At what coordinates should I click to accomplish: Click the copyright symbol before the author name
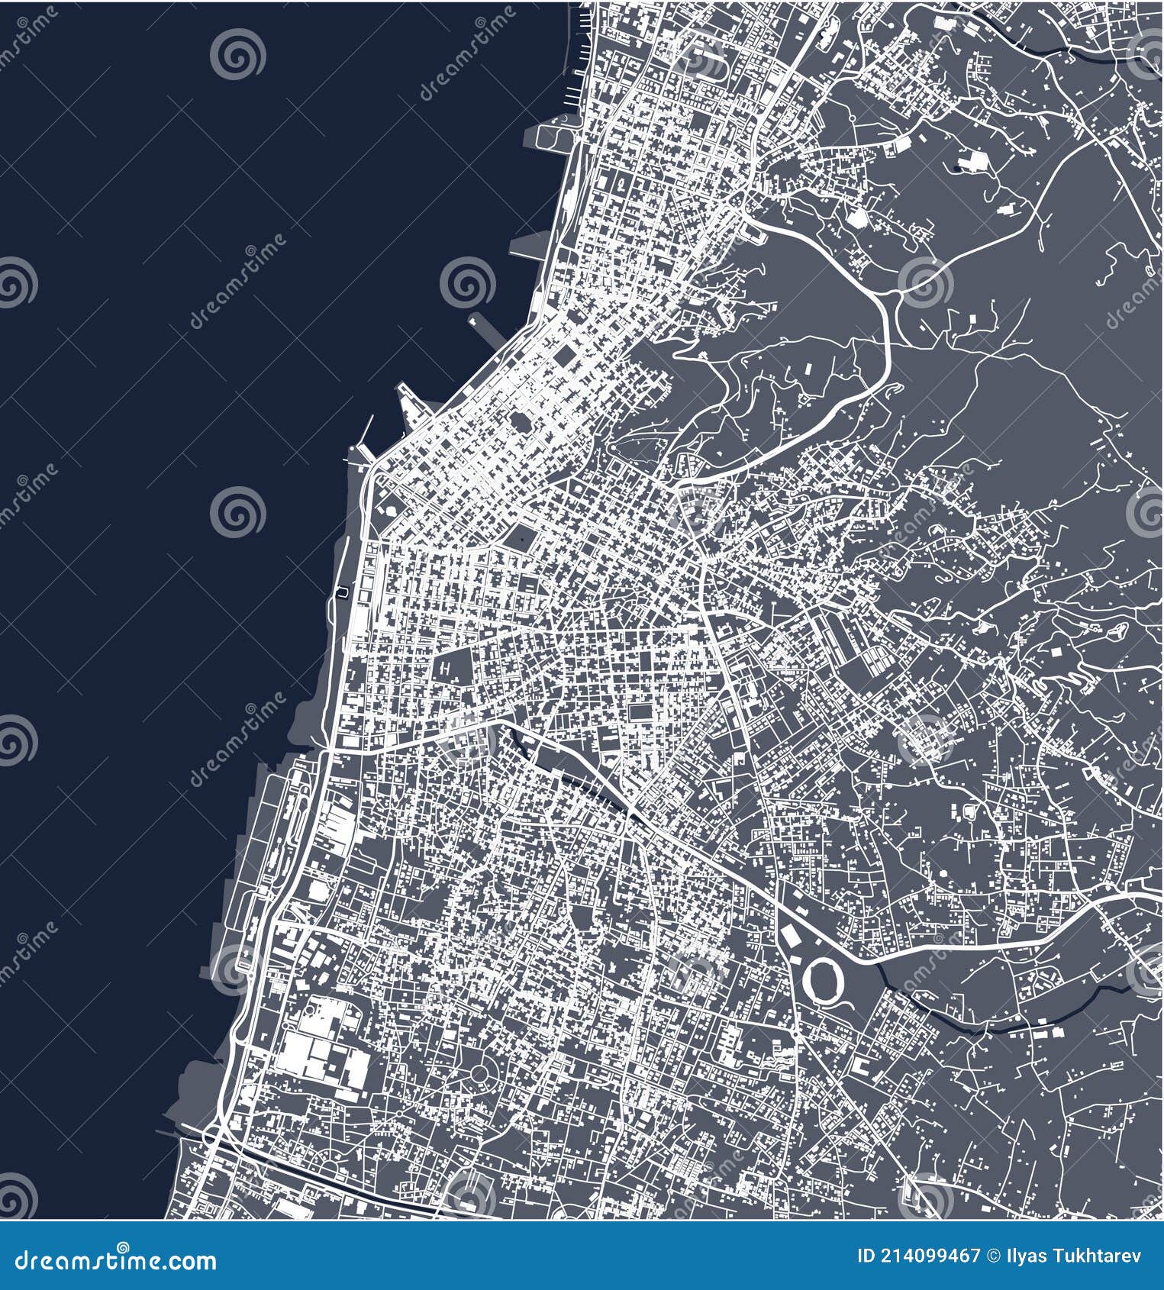(x=994, y=1256)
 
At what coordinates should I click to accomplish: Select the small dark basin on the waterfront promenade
(x=341, y=592)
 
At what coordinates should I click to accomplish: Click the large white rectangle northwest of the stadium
(x=788, y=935)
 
